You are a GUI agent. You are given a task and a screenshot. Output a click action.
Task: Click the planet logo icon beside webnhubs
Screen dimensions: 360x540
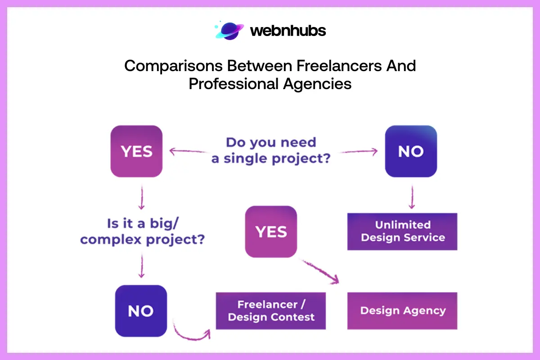(x=229, y=30)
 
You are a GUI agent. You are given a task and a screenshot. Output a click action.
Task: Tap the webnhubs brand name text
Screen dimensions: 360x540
(x=288, y=31)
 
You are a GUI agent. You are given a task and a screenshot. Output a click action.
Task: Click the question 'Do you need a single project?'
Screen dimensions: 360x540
(x=271, y=151)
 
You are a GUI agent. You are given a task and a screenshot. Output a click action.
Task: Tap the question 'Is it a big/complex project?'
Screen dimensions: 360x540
(x=143, y=231)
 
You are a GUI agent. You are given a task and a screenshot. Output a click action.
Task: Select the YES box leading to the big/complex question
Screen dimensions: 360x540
(x=136, y=151)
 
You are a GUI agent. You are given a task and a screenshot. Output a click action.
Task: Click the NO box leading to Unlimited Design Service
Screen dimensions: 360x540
(x=411, y=151)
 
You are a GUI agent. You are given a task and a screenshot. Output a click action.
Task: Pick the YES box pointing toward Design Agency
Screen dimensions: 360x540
(x=271, y=231)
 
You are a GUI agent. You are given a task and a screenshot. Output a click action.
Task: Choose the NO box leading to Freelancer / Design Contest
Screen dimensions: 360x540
(x=141, y=311)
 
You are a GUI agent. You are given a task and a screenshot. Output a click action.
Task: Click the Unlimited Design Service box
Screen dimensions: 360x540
(x=402, y=231)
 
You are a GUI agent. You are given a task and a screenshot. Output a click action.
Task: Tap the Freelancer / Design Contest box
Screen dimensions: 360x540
(x=271, y=311)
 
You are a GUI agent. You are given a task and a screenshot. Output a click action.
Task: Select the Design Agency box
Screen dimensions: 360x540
(x=402, y=310)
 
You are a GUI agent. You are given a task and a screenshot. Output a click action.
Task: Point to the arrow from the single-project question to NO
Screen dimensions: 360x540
(x=355, y=152)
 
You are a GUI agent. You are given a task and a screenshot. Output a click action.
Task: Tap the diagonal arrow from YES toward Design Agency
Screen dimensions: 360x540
(x=320, y=272)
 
